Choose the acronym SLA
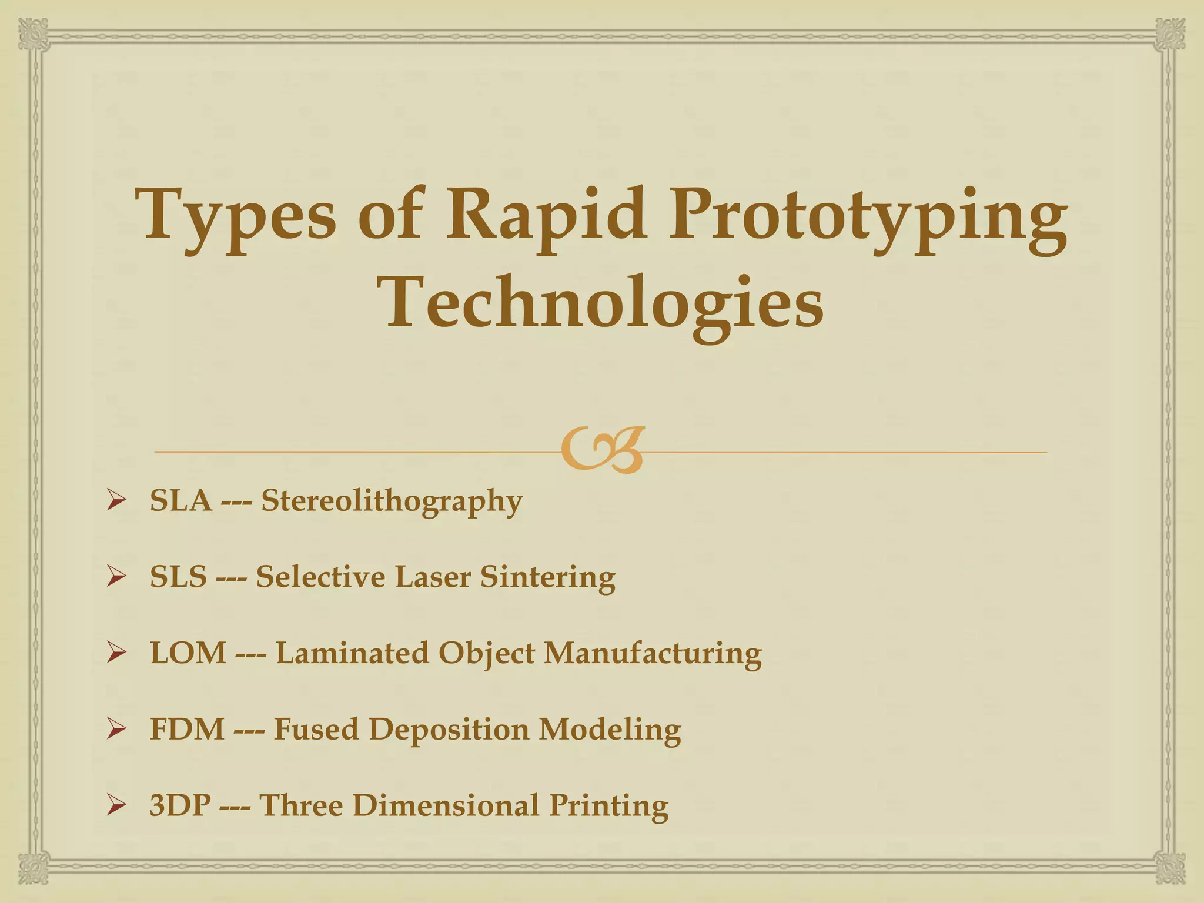[x=180, y=501]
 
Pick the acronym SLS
[x=178, y=577]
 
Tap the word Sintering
[x=548, y=577]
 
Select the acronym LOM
[x=188, y=653]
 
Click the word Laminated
[x=352, y=653]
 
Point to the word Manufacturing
[x=653, y=653]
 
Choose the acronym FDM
[x=187, y=730]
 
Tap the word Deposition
[x=449, y=730]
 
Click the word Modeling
[x=610, y=730]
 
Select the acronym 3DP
[x=180, y=805]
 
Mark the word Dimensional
[x=445, y=805]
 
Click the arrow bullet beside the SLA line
[x=116, y=501]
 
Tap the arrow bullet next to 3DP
[x=116, y=805]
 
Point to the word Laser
[x=433, y=577]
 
